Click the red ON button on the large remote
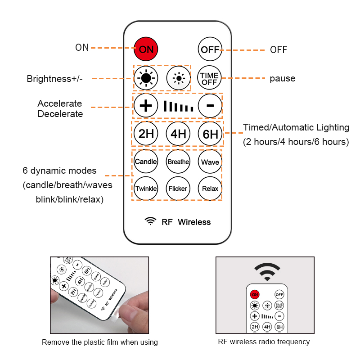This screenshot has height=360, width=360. [x=146, y=49]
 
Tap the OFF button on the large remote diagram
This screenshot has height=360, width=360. [x=210, y=49]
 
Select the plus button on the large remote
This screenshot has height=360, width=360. [x=146, y=106]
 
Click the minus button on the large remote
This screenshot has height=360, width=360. [x=210, y=106]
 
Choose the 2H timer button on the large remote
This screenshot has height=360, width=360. [x=146, y=134]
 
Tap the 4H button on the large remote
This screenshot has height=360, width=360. [x=178, y=134]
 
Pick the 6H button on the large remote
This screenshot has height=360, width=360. [x=210, y=134]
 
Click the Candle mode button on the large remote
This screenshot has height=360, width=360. [x=146, y=162]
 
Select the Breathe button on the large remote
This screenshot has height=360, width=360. [x=178, y=162]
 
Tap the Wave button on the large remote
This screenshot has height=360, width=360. [x=210, y=162]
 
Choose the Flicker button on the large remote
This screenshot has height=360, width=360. [x=178, y=188]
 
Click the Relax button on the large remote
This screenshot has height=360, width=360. [x=210, y=188]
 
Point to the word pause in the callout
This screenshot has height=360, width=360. [x=283, y=79]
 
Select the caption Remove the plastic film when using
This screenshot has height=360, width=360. [x=100, y=342]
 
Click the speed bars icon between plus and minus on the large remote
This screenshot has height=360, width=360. [x=178, y=107]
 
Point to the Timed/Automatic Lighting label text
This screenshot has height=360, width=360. [x=296, y=127]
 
